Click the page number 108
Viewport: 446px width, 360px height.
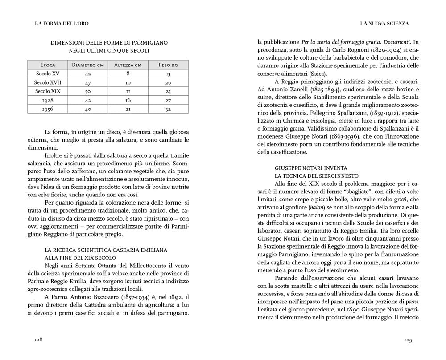[38, 340]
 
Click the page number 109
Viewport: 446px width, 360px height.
[407, 340]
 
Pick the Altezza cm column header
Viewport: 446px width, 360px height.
[128, 65]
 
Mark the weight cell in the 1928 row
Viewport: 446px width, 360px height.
[168, 100]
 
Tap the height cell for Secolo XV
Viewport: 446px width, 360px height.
[128, 74]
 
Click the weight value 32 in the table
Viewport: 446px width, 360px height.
[168, 109]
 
